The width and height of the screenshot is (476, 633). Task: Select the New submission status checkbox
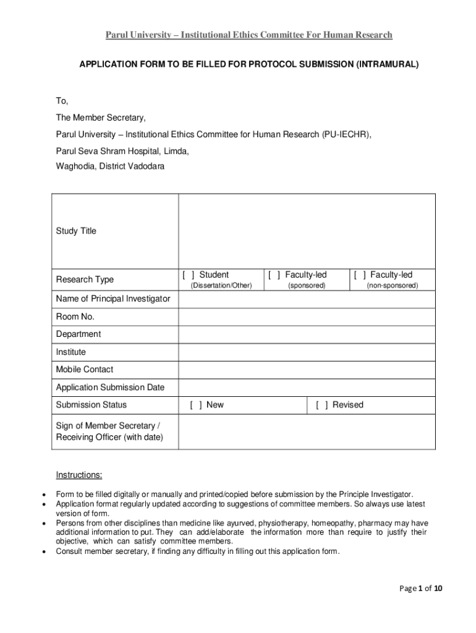coord(196,405)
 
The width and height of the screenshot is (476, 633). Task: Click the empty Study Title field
coord(307,231)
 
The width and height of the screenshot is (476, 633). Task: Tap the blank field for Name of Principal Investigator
coord(307,299)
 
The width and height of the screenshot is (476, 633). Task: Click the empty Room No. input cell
coord(307,316)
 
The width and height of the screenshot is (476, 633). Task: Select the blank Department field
coord(307,334)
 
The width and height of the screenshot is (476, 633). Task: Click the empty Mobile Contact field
coord(307,370)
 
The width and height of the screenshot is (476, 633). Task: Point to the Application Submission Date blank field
coord(307,388)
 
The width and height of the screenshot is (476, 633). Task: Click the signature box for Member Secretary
coord(307,431)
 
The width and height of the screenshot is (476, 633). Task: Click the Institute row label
coord(71,352)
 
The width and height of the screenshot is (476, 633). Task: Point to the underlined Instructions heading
coord(79,475)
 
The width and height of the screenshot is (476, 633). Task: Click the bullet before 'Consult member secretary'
coord(43,552)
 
